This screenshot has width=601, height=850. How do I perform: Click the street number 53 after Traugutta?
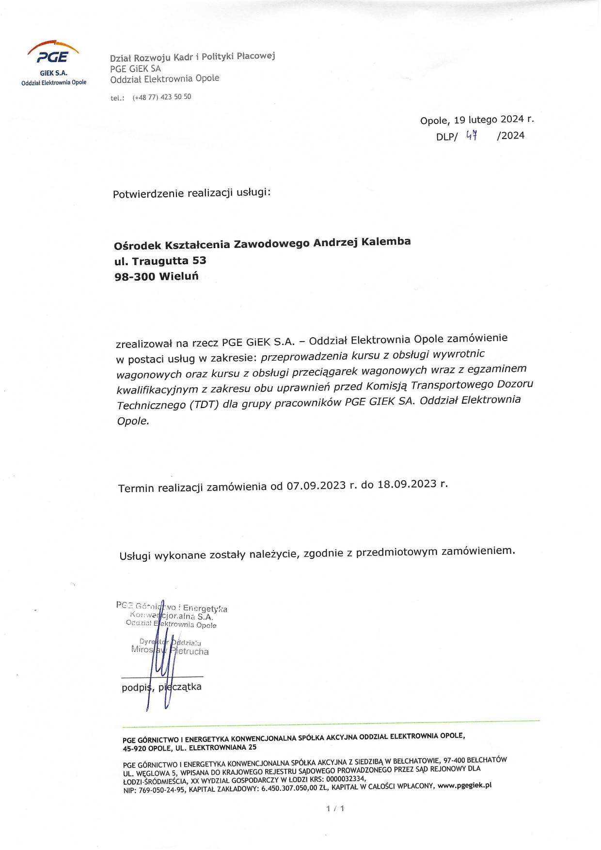pyautogui.click(x=199, y=261)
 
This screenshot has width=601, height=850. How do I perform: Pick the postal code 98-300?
pyautogui.click(x=135, y=277)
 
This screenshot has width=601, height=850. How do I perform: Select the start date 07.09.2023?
pyautogui.click(x=316, y=486)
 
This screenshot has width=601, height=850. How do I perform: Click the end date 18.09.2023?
pyautogui.click(x=407, y=484)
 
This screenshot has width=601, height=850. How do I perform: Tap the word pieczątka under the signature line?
pyautogui.click(x=180, y=687)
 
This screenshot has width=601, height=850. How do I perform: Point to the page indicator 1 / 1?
pyautogui.click(x=335, y=808)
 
